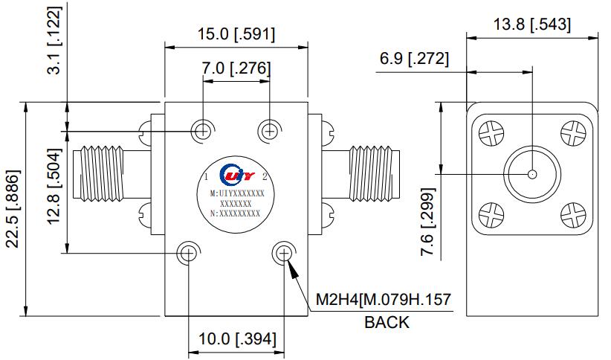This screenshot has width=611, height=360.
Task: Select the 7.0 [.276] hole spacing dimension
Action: click(x=236, y=69)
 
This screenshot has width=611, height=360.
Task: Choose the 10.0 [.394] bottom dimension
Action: click(x=236, y=339)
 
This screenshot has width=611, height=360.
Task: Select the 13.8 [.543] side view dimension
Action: click(x=531, y=25)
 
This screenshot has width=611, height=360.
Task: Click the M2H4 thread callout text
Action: click(x=384, y=300)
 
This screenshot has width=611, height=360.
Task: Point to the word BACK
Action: click(x=387, y=322)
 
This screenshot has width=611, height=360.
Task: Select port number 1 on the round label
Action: click(x=205, y=176)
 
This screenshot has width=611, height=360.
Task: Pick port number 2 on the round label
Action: click(x=265, y=176)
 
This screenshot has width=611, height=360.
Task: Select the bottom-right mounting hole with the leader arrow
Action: click(x=283, y=253)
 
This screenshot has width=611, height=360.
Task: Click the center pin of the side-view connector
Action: click(x=531, y=174)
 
